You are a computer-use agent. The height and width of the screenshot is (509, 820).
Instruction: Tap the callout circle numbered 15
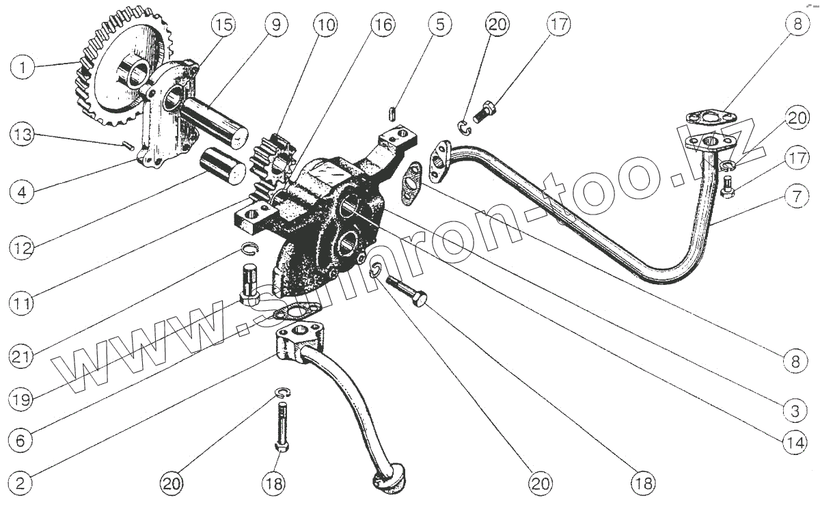tap(222, 25)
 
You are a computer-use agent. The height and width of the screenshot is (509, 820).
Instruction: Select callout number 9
tap(275, 25)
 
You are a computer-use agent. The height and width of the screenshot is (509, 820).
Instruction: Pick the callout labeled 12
tap(23, 247)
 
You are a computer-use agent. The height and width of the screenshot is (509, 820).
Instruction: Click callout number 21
tap(23, 356)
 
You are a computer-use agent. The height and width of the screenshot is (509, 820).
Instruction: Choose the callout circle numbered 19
tap(23, 399)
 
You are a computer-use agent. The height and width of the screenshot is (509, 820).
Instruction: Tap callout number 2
tap(23, 484)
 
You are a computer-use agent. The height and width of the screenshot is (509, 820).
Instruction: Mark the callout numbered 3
tap(794, 411)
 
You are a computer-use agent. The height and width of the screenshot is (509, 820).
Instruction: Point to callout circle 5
tap(439, 25)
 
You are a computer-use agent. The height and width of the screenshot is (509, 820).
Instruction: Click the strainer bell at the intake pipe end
tap(389, 478)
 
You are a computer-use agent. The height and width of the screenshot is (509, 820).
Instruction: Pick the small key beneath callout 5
tap(393, 111)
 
